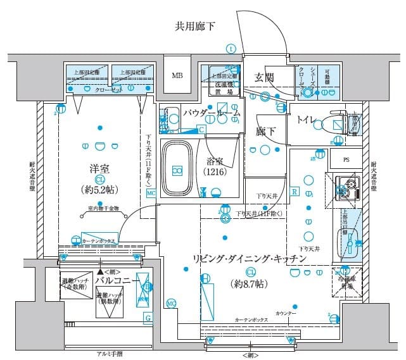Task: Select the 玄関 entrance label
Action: click(x=265, y=77)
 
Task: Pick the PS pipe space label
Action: click(x=346, y=159)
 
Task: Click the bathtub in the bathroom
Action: click(x=178, y=169)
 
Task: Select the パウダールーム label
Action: click(x=212, y=113)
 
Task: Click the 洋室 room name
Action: click(x=100, y=170)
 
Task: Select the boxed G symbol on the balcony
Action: click(x=148, y=318)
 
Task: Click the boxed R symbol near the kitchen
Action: click(x=295, y=192)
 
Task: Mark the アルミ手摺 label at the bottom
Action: click(x=110, y=354)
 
